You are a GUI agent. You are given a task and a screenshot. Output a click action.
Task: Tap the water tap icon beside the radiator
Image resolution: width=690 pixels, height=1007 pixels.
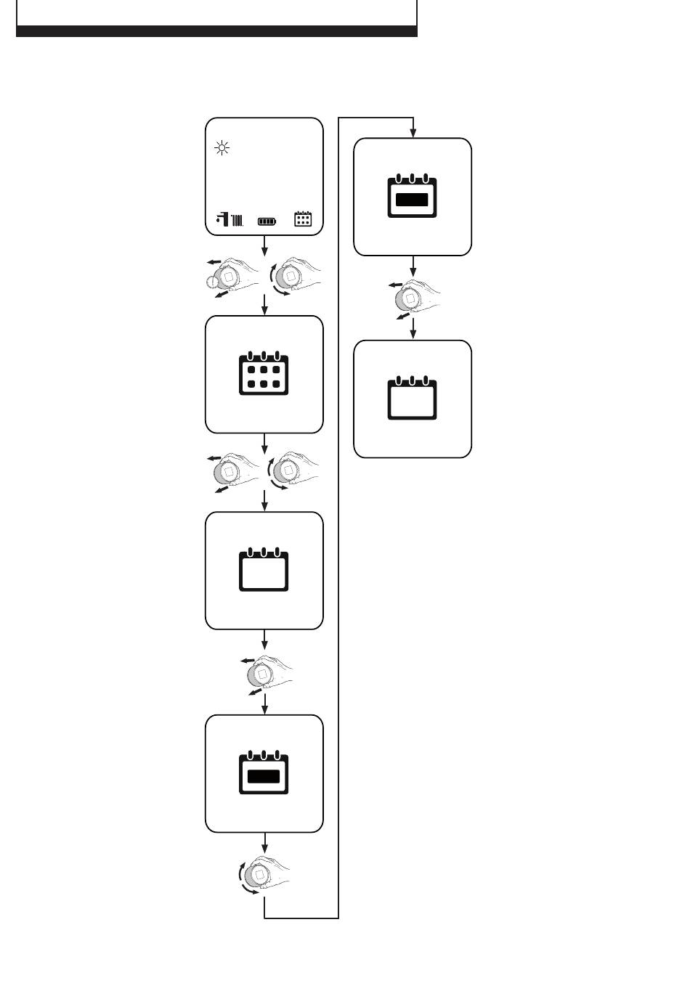click(x=222, y=219)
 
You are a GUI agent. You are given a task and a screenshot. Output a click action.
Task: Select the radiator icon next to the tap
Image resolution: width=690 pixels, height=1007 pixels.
click(x=237, y=219)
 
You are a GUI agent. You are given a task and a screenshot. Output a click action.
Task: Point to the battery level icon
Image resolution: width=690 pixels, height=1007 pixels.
click(x=267, y=219)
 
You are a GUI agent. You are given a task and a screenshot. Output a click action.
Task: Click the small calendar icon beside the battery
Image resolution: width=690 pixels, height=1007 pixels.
click(x=303, y=219)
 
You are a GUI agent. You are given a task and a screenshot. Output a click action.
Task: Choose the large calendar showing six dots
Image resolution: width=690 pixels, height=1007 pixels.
click(x=264, y=374)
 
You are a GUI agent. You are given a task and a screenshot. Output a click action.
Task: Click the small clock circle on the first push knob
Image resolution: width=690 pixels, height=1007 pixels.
click(x=212, y=284)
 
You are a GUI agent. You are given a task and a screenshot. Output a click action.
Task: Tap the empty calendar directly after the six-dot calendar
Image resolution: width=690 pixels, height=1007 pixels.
click(x=264, y=571)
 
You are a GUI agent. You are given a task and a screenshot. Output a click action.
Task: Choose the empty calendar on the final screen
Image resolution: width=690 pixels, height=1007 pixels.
click(x=412, y=399)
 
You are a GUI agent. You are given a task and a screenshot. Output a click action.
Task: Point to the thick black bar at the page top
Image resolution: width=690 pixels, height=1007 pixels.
click(x=216, y=31)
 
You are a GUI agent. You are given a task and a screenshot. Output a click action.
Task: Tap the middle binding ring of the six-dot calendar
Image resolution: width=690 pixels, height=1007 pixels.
click(x=264, y=356)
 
